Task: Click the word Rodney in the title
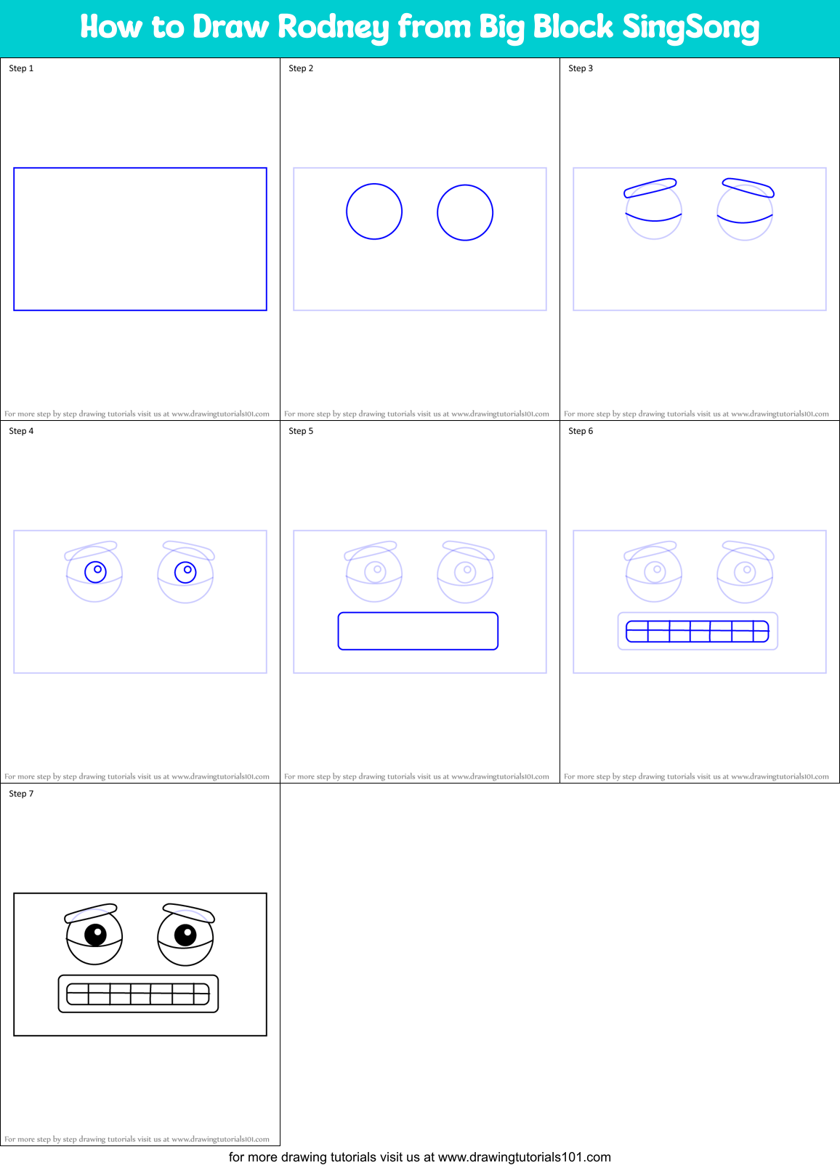coord(333,28)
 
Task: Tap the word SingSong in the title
coord(690,28)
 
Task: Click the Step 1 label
coord(21,68)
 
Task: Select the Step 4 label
coord(21,431)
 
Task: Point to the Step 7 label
coord(21,794)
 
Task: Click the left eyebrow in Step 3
coord(650,188)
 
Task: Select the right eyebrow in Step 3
coord(748,188)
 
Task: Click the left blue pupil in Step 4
coord(95,572)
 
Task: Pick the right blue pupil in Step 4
coord(185,572)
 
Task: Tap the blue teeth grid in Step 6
coord(697,631)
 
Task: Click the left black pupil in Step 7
coord(95,934)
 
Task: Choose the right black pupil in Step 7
coord(185,934)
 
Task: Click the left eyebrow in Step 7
coord(91,912)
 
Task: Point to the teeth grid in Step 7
coord(138,994)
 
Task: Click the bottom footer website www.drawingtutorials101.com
coord(524,1157)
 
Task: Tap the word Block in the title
coord(573,28)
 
